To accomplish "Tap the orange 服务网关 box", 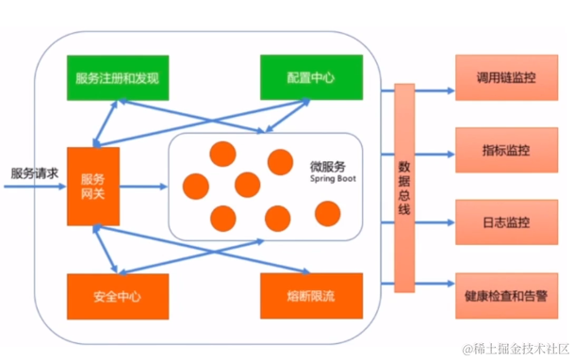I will tap(93, 186).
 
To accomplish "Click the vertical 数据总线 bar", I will tap(403, 188).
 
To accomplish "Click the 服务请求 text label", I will tap(34, 173).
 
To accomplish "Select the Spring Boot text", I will tap(330, 178).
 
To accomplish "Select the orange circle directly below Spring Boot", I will tap(327, 214).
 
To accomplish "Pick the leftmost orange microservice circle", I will tap(195, 186).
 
